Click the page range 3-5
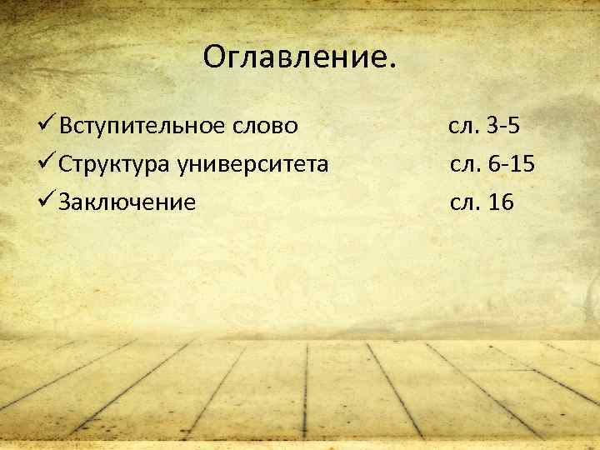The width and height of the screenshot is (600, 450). click(506, 127)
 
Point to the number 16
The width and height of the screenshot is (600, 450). click(502, 201)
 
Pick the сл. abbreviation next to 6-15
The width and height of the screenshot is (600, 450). click(465, 164)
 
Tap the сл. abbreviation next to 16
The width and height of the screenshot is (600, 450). click(465, 201)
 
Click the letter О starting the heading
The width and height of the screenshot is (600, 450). click(213, 57)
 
